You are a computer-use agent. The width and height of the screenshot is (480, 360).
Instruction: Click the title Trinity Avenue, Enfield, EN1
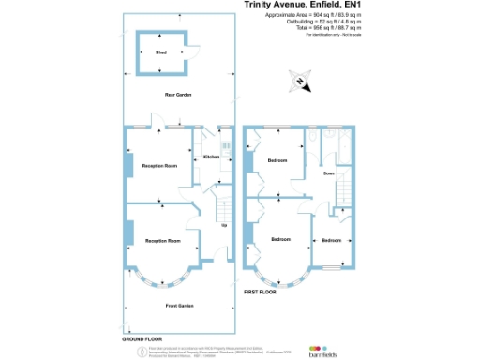point(302,5)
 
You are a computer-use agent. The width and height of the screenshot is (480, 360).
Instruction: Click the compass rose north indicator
point(299,82)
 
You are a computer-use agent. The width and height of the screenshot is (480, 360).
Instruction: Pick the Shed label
point(161,52)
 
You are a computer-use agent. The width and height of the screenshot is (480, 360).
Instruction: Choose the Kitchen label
point(211,157)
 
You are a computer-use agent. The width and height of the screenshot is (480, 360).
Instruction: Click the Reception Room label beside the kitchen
point(159,165)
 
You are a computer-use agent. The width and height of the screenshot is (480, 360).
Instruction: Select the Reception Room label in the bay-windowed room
point(163,241)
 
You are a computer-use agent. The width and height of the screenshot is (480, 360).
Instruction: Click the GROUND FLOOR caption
point(142,337)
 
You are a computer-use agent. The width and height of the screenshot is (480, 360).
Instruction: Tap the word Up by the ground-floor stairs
point(223,225)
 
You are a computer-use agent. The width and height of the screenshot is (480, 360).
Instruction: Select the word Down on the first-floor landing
point(329,173)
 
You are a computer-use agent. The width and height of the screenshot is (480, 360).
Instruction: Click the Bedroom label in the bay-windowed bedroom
point(279,240)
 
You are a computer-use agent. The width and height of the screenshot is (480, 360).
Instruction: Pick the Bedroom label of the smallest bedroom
point(331,240)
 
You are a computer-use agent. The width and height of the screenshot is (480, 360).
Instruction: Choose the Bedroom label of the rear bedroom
point(278,160)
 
